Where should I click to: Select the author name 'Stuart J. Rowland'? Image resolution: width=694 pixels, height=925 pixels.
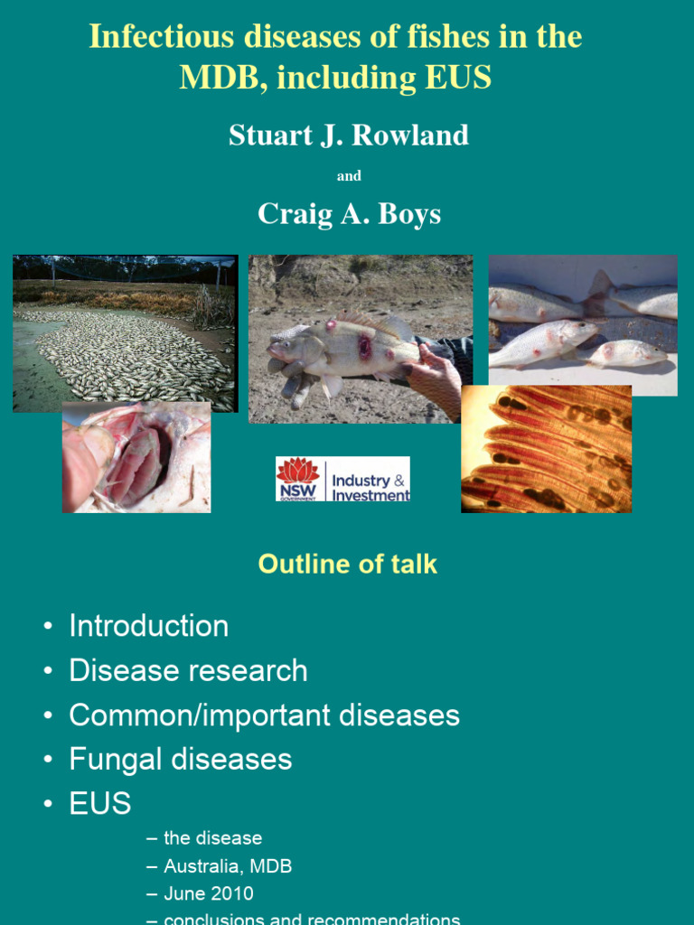click(x=348, y=135)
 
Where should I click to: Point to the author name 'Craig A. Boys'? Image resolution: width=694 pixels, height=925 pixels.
click(x=348, y=213)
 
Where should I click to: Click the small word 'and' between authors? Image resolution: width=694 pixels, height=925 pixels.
click(x=349, y=176)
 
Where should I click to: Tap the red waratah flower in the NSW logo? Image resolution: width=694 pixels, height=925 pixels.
click(x=298, y=472)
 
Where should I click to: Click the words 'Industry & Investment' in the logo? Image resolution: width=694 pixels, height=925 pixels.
click(x=370, y=488)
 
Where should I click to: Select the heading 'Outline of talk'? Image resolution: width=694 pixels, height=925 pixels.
click(x=347, y=565)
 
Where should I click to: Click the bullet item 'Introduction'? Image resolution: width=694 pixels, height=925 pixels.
click(x=149, y=626)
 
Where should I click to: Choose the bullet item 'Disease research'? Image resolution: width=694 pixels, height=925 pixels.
click(x=188, y=670)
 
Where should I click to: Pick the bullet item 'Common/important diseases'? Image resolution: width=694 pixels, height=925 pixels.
click(x=264, y=715)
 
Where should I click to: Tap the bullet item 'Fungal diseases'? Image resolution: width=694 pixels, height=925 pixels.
click(x=181, y=760)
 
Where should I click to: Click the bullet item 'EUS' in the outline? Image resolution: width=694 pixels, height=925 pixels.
click(x=100, y=804)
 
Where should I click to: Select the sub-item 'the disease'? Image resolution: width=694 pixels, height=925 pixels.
click(x=213, y=839)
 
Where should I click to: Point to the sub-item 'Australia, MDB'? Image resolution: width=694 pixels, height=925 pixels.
click(x=228, y=867)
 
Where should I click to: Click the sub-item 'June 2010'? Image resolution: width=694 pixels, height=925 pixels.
click(x=209, y=894)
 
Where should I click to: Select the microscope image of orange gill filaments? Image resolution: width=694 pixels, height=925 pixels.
click(x=546, y=449)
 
